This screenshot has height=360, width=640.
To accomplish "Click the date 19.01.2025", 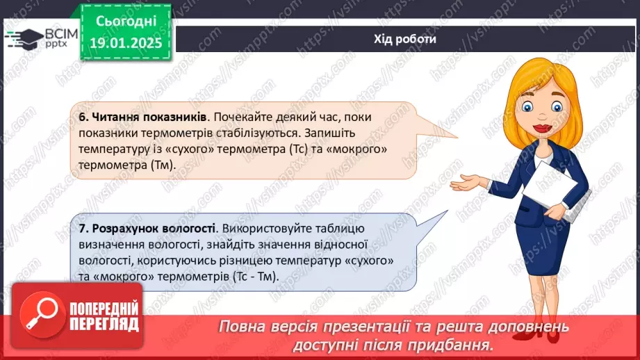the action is coord(126,43).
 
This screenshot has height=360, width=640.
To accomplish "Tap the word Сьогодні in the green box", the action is coord(126,22).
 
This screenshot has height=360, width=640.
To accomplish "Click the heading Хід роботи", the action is coord(405,39).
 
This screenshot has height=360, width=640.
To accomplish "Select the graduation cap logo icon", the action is coord(24,39).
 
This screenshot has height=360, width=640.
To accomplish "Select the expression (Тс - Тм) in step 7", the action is coord(256,277).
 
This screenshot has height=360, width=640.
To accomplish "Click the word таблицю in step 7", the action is coord(339,229).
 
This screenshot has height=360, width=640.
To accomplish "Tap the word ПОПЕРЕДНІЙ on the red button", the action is coord(104,309).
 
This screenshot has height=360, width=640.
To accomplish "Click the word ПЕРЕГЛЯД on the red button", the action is coord(104,324).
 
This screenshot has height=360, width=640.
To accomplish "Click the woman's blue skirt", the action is coord(542,248).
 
